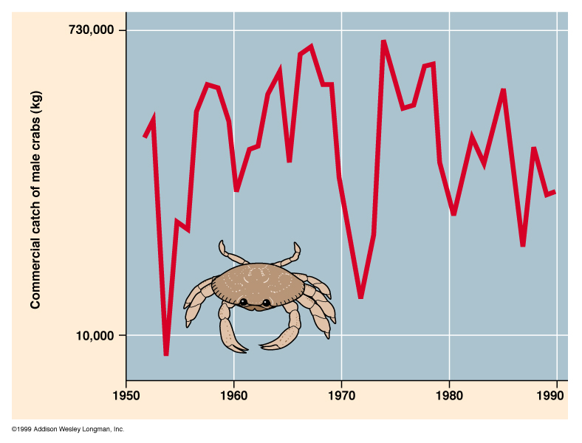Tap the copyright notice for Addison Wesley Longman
point(68,429)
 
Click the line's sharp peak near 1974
point(383,41)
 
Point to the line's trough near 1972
point(360,297)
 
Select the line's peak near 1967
point(311,47)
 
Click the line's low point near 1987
point(522,245)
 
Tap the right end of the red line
point(555,191)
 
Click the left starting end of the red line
point(145,137)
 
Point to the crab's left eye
point(243,301)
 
